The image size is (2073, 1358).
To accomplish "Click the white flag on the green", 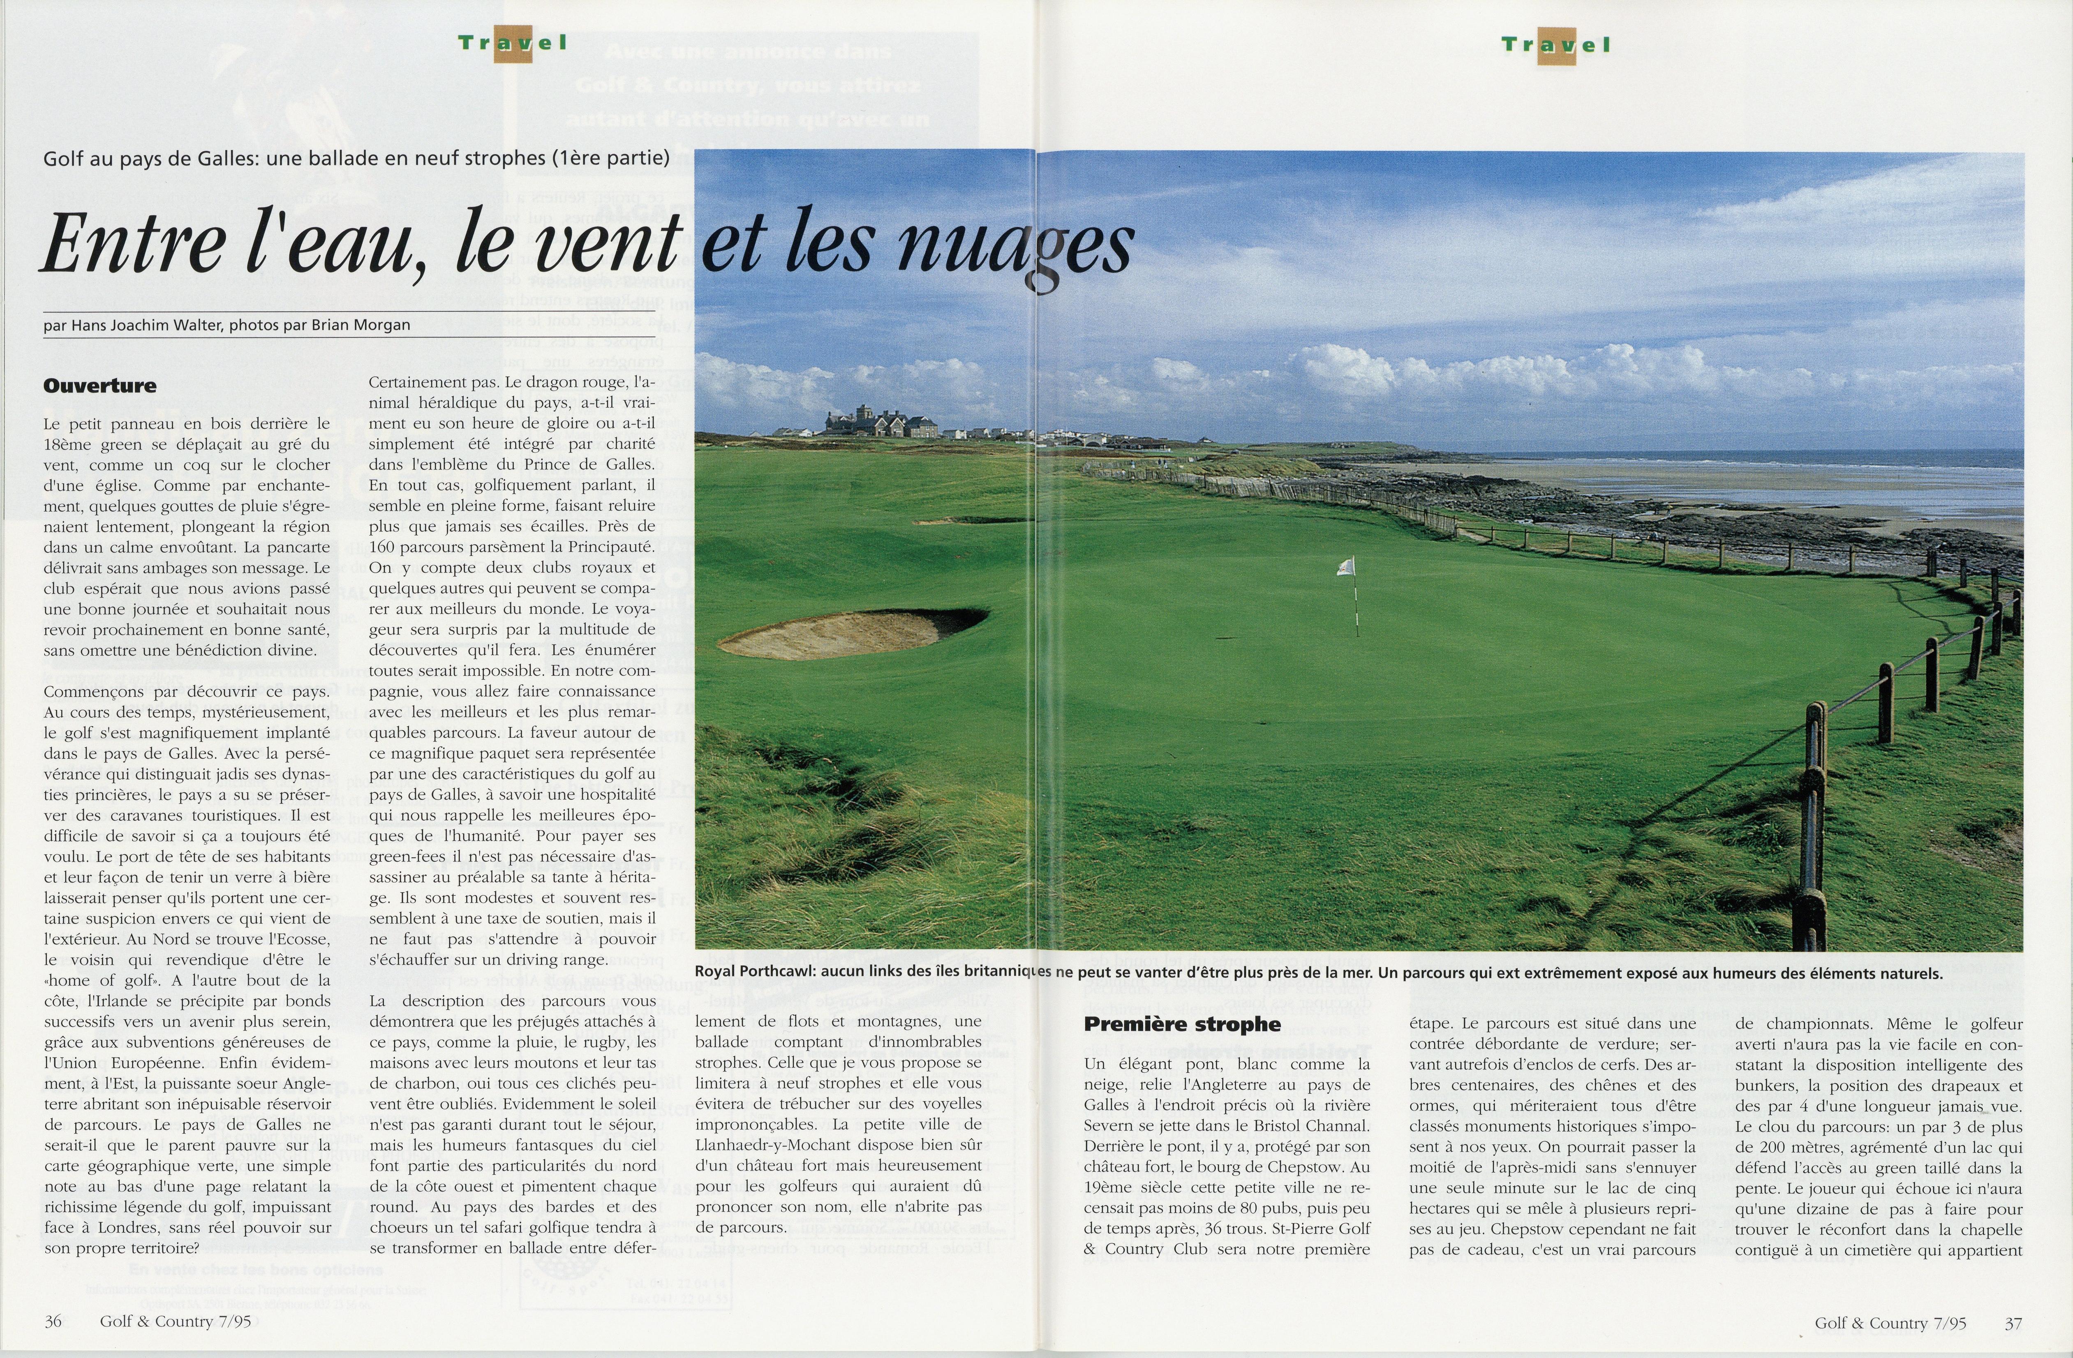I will [1346, 566].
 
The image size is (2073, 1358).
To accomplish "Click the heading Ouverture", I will [100, 386].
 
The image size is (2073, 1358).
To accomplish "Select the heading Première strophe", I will [1182, 1024].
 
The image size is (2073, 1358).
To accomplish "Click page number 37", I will [2013, 1323].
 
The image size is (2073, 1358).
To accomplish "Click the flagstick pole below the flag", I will [1355, 605].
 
